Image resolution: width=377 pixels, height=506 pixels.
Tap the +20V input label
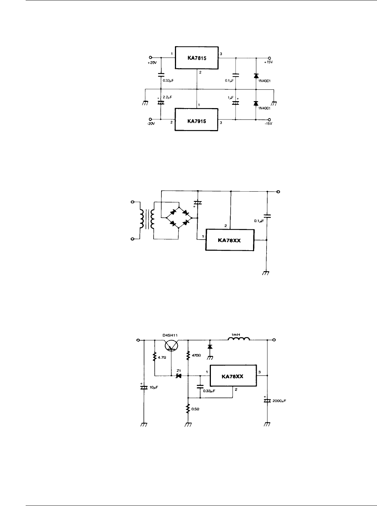[152, 63]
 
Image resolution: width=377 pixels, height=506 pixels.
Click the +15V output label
[268, 63]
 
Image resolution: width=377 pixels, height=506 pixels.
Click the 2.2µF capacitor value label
[168, 97]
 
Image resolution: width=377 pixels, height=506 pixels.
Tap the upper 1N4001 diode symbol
[256, 76]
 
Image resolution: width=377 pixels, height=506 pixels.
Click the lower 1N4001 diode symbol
[256, 103]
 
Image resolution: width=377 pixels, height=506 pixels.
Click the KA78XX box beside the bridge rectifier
[229, 240]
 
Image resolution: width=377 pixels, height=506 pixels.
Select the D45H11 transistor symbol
[171, 345]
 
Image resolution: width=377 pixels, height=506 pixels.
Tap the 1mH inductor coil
[239, 339]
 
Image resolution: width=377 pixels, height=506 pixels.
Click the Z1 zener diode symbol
[179, 376]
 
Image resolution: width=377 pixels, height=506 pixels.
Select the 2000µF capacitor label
[279, 401]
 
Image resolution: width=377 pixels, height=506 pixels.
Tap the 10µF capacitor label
[153, 387]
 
